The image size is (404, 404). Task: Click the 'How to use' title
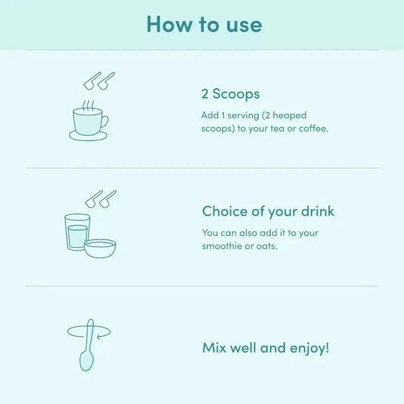coord(204,24)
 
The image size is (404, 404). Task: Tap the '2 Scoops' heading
coord(230,94)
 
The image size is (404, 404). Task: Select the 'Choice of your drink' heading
coord(268,212)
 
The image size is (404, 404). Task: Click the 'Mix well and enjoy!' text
coord(266,348)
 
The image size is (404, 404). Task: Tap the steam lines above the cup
coord(88,106)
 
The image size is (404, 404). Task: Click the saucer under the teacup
coord(88,136)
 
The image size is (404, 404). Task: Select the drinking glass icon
coord(77,232)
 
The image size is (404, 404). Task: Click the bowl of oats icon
coord(100,248)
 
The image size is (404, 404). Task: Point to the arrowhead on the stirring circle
coord(99,336)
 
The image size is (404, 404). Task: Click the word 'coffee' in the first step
coord(313,128)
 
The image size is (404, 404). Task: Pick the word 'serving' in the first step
coord(243,116)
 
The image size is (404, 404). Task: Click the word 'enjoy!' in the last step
coord(310,348)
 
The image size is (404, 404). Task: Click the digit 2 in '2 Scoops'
coord(205,94)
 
